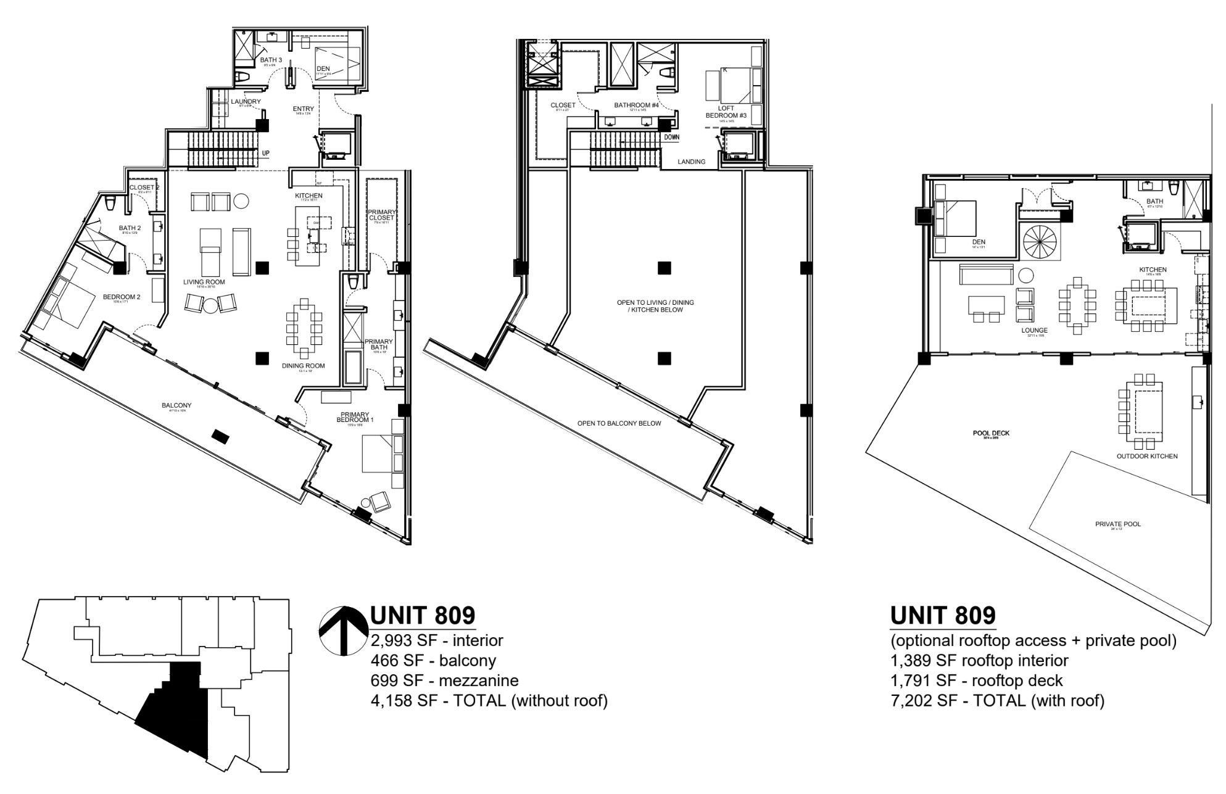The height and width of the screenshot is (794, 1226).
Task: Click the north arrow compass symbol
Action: [343, 631]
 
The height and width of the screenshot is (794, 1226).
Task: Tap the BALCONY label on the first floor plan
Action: [176, 405]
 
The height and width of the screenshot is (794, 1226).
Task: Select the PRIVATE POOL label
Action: [1118, 524]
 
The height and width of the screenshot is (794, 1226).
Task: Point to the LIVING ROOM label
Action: [204, 282]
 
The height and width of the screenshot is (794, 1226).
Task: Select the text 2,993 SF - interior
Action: [437, 640]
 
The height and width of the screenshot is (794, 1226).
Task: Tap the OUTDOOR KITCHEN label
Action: [1147, 457]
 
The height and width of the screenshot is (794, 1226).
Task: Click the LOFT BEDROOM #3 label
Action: [726, 112]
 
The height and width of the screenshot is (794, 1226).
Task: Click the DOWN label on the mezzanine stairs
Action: [672, 137]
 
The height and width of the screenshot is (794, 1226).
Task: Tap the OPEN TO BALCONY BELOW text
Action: [619, 423]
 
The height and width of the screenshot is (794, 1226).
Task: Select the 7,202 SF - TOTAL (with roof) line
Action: [997, 700]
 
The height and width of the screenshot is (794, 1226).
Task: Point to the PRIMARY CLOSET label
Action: [381, 215]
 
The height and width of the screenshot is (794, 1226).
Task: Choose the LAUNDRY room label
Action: [246, 102]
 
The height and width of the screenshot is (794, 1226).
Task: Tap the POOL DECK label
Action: [991, 433]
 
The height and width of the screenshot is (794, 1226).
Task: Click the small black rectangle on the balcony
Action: [219, 436]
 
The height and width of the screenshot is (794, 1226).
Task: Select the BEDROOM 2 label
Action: [122, 297]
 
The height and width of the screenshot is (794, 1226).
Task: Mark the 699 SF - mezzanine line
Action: [444, 680]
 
